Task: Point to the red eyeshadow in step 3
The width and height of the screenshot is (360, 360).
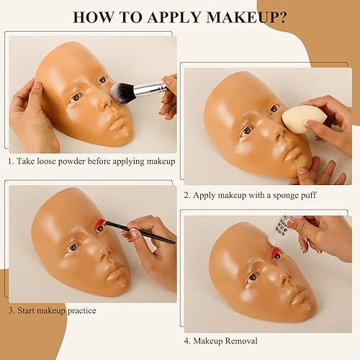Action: (100, 225)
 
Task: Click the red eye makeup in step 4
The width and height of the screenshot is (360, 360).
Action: (274, 253)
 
